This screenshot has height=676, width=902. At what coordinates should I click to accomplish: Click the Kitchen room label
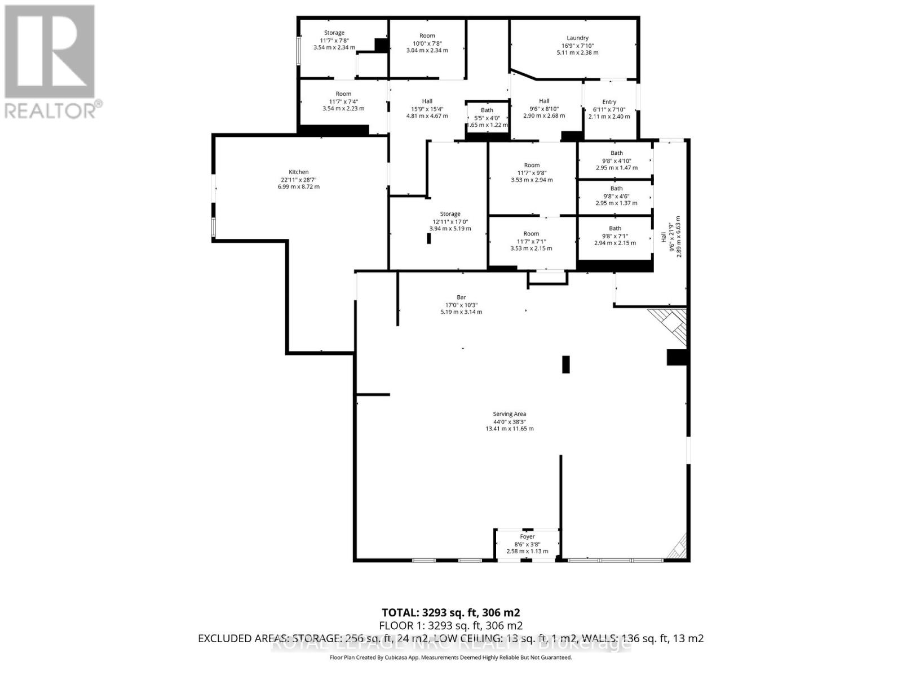coord(298,172)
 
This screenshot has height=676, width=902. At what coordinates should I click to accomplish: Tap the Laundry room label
coord(577,38)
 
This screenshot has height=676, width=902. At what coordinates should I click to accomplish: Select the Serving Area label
coord(509,414)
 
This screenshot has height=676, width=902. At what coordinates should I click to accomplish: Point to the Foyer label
coord(527,537)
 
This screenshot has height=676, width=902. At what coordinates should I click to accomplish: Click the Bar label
coord(461,297)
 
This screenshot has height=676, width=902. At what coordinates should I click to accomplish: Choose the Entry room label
coord(609,102)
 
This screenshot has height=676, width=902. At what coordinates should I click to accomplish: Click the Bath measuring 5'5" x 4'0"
coord(487,118)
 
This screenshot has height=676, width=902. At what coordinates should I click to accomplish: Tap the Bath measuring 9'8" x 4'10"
coord(616,160)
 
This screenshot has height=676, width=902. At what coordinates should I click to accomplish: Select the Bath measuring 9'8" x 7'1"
coord(615,235)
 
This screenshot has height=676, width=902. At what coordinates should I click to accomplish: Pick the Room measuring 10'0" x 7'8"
coord(427,43)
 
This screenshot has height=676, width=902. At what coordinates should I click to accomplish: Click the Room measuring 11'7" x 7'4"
coord(343,101)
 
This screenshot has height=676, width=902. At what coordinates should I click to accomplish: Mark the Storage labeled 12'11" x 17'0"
coord(450,221)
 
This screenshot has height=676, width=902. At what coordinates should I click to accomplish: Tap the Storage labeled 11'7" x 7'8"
coord(334,40)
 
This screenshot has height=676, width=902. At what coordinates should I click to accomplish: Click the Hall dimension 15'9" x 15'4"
coord(427,109)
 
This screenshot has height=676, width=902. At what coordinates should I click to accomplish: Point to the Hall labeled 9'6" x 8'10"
coord(544,108)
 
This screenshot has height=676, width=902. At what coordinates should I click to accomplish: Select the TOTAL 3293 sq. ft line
coord(450,612)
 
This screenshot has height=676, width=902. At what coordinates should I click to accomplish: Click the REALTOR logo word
coord(54,110)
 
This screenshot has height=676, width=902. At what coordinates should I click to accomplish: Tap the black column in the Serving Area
coord(565,364)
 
